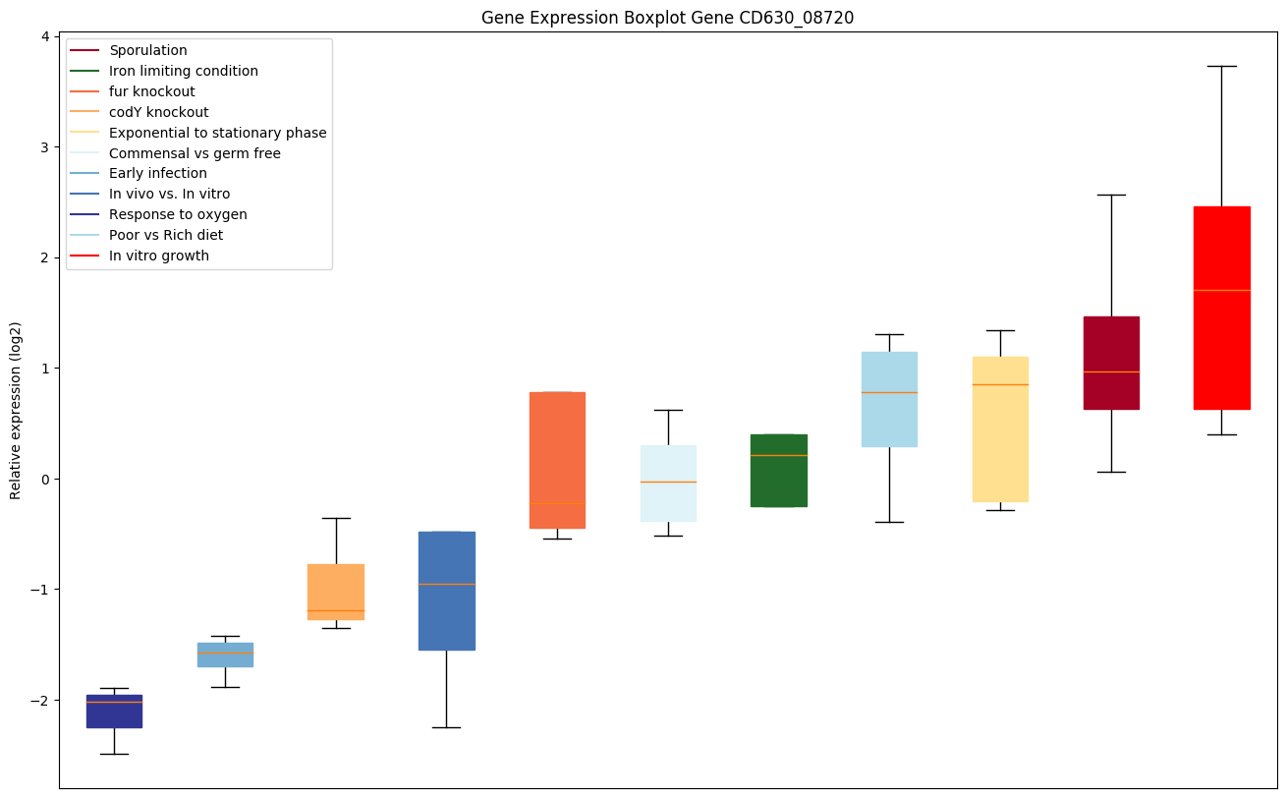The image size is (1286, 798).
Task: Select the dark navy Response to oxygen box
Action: (x=114, y=711)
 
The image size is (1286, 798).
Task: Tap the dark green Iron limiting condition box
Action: (x=779, y=470)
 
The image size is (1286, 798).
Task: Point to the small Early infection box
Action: (x=225, y=655)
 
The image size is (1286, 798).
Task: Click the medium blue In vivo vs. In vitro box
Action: (x=447, y=591)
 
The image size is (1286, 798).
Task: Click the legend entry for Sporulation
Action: (x=148, y=50)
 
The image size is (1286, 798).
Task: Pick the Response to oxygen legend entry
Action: (x=178, y=214)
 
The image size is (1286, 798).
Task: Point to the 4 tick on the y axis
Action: (x=45, y=37)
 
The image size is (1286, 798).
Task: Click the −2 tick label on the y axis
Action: (x=41, y=700)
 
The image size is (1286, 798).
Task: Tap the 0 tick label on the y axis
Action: (x=45, y=479)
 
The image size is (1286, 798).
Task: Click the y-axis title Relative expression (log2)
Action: (x=16, y=411)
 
